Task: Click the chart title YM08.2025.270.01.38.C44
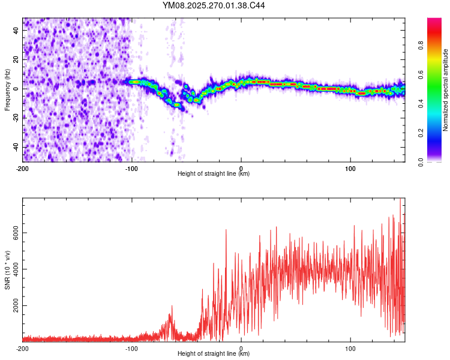click(214, 6)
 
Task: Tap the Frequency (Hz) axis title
click(7, 89)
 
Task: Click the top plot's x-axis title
click(214, 173)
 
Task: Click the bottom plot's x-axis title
click(214, 353)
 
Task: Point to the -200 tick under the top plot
click(23, 169)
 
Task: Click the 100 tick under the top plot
click(350, 169)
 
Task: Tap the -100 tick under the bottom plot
click(132, 349)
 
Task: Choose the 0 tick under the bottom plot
click(241, 349)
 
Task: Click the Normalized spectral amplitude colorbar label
click(446, 90)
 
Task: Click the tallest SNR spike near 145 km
click(400, 200)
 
